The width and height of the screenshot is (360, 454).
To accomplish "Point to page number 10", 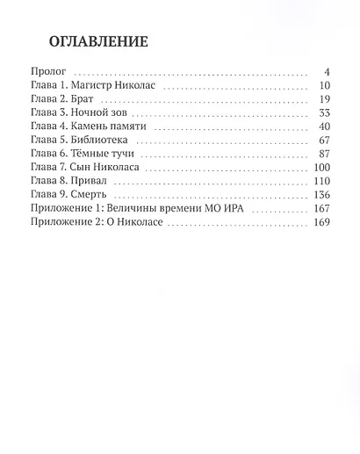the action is (x=322, y=87).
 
